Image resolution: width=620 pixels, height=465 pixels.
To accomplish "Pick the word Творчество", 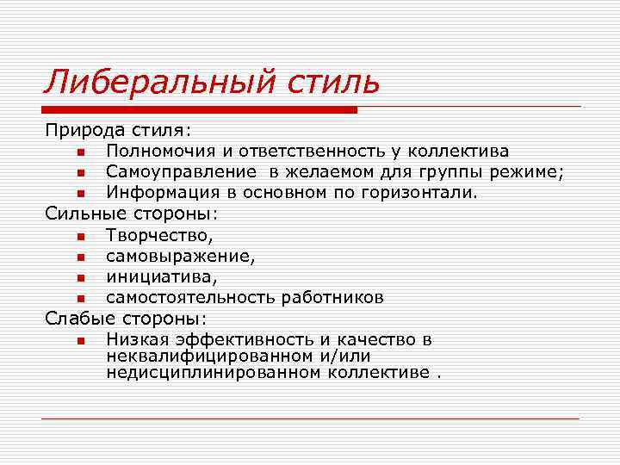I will click(x=158, y=234).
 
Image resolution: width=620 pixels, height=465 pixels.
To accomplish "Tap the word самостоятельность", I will click(x=192, y=298).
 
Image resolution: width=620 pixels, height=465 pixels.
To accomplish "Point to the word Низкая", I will click(x=137, y=340).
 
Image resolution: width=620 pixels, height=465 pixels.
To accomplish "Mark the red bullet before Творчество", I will click(x=79, y=235).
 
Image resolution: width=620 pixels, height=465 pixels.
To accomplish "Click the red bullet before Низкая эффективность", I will click(x=79, y=341).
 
